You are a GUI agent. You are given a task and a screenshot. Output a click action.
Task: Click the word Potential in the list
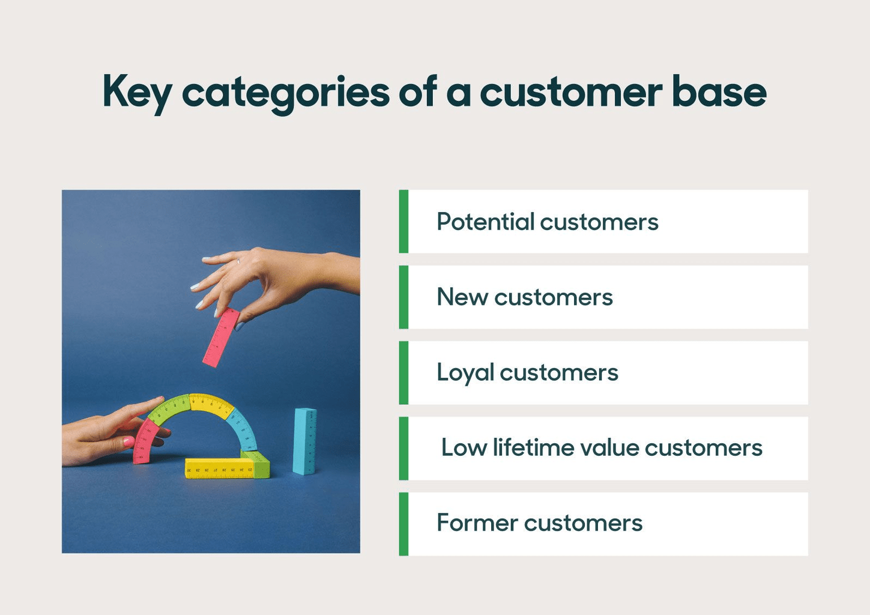point(485,222)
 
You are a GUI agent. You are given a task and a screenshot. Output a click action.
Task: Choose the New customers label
point(524,297)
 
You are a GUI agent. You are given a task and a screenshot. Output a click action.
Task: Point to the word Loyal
point(465,373)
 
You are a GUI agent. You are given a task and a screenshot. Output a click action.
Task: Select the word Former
point(477,523)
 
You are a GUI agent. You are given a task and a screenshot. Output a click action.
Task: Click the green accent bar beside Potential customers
point(403,221)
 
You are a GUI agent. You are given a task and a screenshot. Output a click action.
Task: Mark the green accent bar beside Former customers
point(403,524)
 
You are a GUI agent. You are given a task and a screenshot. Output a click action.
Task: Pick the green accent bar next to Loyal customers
point(403,372)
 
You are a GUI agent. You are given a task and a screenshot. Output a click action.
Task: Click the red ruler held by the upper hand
point(221,337)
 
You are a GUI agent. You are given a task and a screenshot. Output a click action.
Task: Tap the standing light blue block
point(304,441)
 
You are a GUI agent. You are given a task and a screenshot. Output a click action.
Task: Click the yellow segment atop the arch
point(211,405)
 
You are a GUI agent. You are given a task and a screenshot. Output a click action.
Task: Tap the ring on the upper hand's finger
point(238,261)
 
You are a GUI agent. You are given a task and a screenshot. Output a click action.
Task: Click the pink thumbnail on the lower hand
point(128,441)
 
